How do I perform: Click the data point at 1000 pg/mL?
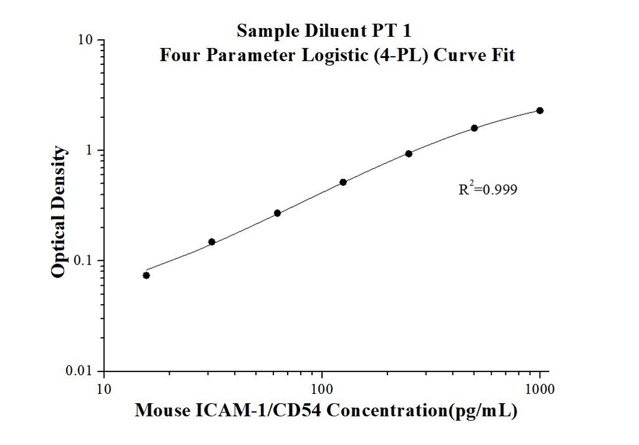point(540,110)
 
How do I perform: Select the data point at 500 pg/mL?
point(474,128)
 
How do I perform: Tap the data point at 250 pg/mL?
point(409,154)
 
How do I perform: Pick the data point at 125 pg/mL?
point(343,182)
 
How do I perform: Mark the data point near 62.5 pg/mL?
point(278,213)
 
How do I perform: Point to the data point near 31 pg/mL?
point(212,242)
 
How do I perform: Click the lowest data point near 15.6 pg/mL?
point(146,275)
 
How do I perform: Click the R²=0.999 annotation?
point(487,188)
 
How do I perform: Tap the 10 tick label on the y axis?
point(86,41)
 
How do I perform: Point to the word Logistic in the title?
point(332,55)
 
